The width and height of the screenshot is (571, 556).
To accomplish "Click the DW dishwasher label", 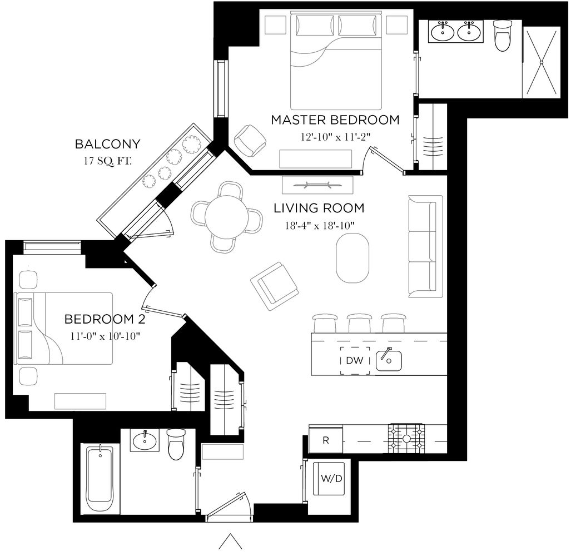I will (354, 361).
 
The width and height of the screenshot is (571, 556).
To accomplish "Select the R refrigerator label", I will (326, 440).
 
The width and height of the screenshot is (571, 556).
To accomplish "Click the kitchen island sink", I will (389, 361).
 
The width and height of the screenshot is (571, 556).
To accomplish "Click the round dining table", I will (227, 216).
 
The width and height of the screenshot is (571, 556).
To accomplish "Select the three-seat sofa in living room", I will (425, 245).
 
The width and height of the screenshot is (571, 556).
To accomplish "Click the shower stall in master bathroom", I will (541, 61).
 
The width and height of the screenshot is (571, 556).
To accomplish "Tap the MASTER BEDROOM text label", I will (335, 120).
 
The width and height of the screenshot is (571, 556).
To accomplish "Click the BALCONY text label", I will (108, 145).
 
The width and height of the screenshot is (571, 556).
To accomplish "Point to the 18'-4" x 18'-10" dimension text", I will (319, 225).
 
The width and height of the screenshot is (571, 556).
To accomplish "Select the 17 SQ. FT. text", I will (108, 162).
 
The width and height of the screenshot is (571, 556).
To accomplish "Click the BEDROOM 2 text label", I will (101, 319).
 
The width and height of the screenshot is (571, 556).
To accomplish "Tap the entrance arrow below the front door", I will (229, 542).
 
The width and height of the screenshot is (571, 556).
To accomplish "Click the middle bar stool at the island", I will (359, 323).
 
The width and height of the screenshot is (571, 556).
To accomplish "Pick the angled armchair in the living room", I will (275, 285).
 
